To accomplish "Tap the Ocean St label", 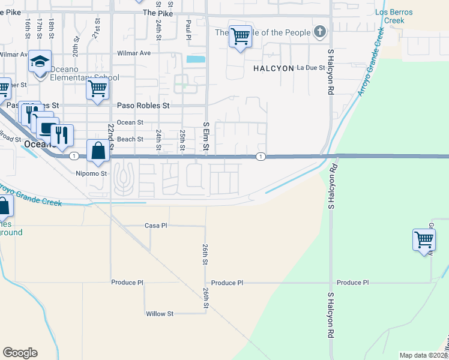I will point(130,122).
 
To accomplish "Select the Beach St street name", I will point(130,139).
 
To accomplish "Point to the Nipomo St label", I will point(91,174).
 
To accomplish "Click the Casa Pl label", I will point(155,226).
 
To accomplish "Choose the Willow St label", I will point(159,314).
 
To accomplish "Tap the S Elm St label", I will point(206,137).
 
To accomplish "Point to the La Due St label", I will point(311,68).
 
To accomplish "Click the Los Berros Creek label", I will point(390,16).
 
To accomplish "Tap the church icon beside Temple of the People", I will point(320,32).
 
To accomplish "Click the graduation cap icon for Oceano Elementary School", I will point(40,62).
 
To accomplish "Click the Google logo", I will point(20,353).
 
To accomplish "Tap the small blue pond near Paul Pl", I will point(195,59).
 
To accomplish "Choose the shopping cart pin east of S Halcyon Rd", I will point(424,239).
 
